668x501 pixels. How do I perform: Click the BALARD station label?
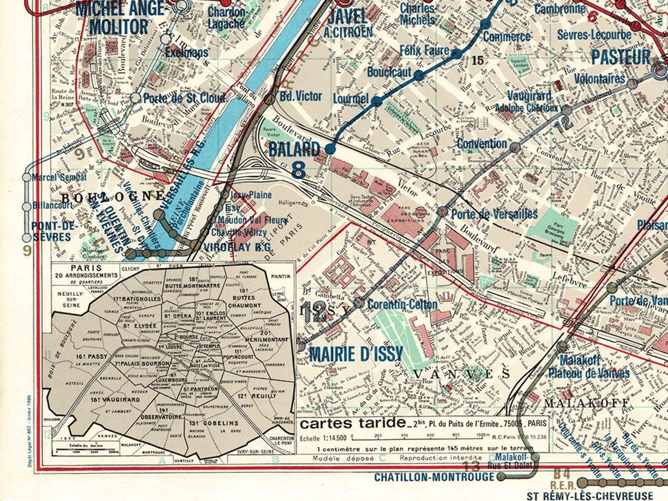pyautogui.click(x=294, y=149)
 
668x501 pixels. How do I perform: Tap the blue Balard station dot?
pyautogui.click(x=330, y=149)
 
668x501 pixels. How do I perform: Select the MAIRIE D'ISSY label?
pyautogui.click(x=356, y=354)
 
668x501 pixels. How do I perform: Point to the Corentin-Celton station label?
pyautogui.click(x=402, y=305)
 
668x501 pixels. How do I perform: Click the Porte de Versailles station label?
pyautogui.click(x=494, y=214)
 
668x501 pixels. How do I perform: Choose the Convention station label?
pyautogui.click(x=482, y=144)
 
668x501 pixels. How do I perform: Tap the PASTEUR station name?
pyautogui.click(x=621, y=57)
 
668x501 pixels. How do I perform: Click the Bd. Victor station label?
pyautogui.click(x=300, y=96)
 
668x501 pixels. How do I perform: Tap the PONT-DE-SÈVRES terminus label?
pyautogui.click(x=54, y=231)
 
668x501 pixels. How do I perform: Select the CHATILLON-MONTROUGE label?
pyautogui.click(x=434, y=478)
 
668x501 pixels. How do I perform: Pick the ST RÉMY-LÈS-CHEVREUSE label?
pyautogui.click(x=597, y=496)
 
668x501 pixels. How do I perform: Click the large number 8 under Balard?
pyautogui.click(x=298, y=169)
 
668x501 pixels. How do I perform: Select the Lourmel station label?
pyautogui.click(x=350, y=99)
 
